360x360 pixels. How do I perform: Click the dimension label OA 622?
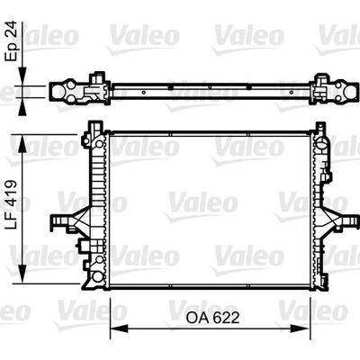212,318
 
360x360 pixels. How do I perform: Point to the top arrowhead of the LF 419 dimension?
22,144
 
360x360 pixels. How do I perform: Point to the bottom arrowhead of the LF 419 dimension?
22,274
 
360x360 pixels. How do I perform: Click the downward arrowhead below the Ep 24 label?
22,76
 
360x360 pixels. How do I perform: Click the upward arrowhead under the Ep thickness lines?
22,106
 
